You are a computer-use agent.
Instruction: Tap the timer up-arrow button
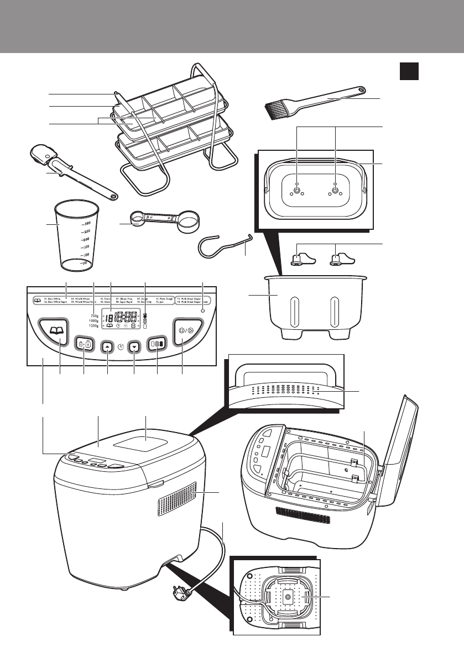pyautogui.click(x=107, y=346)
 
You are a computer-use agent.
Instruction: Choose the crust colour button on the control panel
pyautogui.click(x=157, y=343)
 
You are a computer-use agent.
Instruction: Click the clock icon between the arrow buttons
pyautogui.click(x=121, y=348)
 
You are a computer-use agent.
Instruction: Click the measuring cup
pyautogui.click(x=77, y=237)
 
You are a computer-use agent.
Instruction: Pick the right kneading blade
pyautogui.click(x=340, y=259)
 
